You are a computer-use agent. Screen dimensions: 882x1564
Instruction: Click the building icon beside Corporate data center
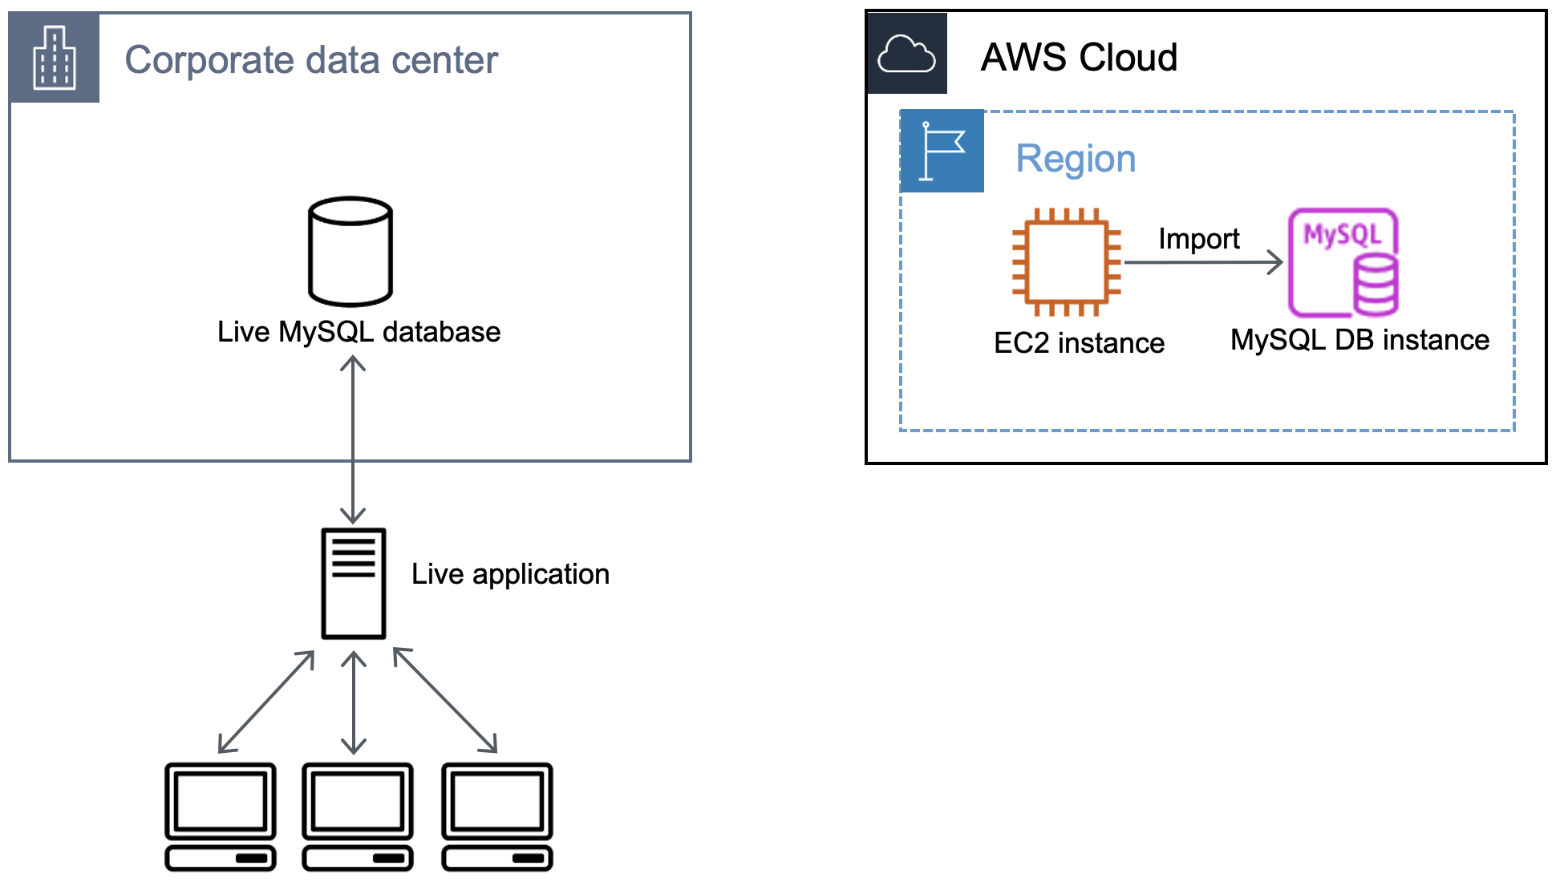point(54,57)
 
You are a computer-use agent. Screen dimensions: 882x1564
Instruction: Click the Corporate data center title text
point(311,60)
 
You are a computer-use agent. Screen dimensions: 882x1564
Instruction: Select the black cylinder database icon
point(350,251)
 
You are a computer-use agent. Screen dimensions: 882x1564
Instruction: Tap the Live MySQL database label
point(359,332)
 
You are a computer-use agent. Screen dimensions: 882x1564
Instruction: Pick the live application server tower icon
point(354,583)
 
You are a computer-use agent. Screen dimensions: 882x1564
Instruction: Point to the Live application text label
point(510,574)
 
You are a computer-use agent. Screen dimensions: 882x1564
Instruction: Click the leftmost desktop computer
point(221,815)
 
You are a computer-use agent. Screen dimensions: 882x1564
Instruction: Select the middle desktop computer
point(358,815)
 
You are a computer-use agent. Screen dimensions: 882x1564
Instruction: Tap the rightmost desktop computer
point(497,815)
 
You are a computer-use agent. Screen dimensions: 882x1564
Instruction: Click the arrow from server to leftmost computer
point(266,702)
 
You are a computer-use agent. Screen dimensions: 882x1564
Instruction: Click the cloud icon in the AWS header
point(906,54)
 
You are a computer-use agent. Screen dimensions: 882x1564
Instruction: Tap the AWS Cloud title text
point(1079,58)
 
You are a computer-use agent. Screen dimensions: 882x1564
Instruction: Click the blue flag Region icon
point(942,151)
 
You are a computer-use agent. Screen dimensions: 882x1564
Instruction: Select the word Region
point(1076,159)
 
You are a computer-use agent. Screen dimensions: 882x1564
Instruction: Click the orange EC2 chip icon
point(1066,262)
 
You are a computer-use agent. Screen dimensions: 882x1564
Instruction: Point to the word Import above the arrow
point(1198,239)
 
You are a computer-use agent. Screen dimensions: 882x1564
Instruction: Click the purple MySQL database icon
point(1343,263)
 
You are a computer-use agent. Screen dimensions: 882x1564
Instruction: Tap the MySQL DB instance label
point(1359,340)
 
